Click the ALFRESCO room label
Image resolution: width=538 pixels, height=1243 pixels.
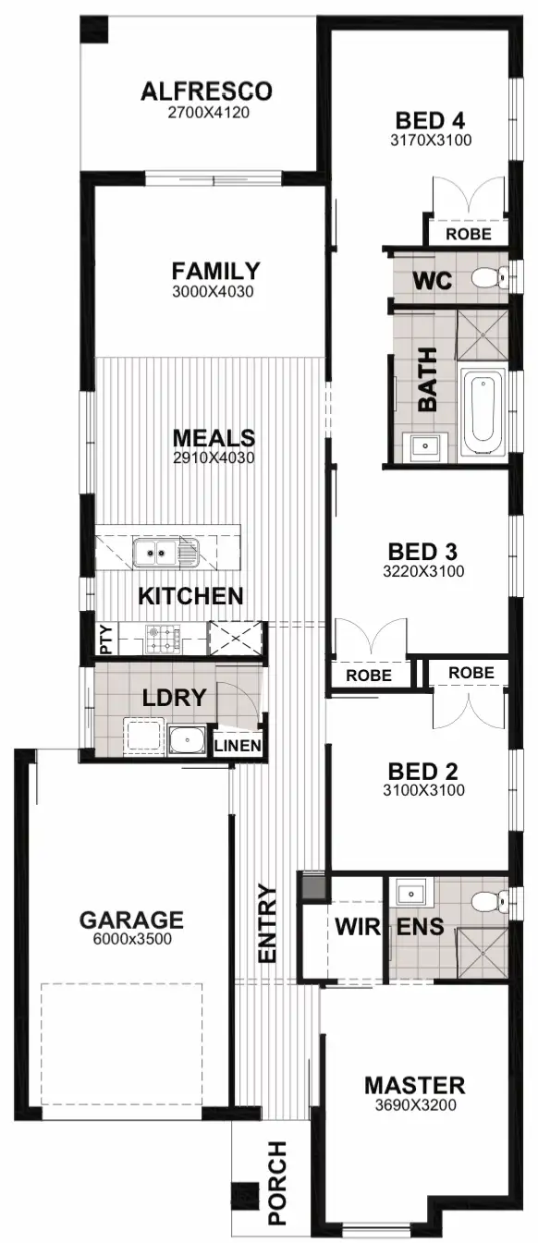(x=207, y=91)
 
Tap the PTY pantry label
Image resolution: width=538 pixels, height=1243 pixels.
(x=105, y=638)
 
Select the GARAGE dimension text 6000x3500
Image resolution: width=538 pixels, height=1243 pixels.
(x=131, y=940)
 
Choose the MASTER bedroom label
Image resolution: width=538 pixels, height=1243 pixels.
(x=414, y=1085)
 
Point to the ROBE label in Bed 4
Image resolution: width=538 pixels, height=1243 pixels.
(x=469, y=235)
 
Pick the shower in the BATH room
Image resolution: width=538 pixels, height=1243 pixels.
(x=483, y=335)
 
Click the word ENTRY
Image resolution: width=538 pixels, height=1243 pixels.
(x=267, y=924)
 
